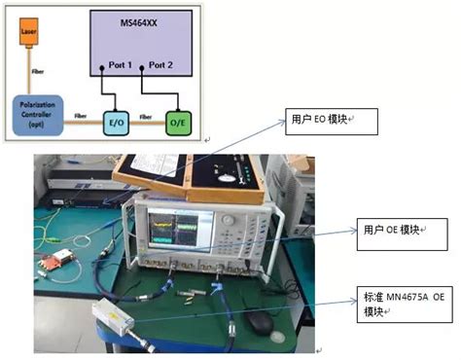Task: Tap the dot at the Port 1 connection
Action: coord(101,69)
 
